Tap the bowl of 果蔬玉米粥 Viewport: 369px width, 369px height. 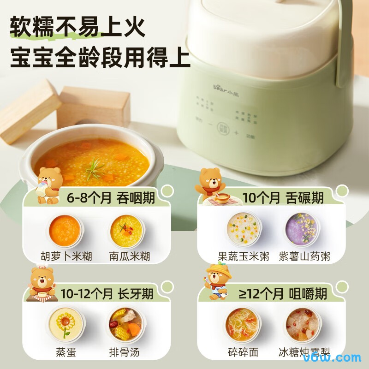pos(244,228)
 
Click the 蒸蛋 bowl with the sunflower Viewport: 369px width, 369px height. pos(65,323)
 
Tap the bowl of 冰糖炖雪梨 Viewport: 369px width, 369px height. pos(303,323)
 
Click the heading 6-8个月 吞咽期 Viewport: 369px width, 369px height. pos(111,198)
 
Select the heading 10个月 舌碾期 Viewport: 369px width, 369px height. pos(283,198)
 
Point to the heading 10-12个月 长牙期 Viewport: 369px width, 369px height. pos(106,293)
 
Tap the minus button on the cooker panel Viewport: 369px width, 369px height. pos(210,125)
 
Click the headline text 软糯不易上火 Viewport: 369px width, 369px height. pos(77,28)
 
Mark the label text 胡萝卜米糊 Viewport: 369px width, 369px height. pos(66,256)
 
